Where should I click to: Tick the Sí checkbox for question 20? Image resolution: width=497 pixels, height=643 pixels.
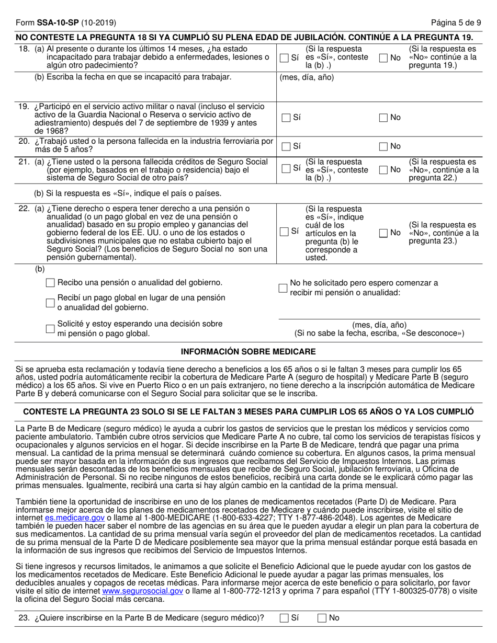coord(285,146)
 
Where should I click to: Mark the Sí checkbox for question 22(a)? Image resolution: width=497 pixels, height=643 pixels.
coord(284,232)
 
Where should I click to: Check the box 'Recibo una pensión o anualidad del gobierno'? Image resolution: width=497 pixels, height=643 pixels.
coord(51,283)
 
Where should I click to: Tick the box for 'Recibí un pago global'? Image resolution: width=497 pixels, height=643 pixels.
coord(51,303)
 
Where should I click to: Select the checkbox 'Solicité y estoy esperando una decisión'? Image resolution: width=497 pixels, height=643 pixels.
coord(51,329)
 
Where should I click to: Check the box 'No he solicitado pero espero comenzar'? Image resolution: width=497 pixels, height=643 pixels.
coord(283,288)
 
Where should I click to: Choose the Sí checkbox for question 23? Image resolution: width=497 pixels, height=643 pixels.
coord(284,618)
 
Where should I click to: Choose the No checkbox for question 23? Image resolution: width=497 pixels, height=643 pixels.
coord(322,618)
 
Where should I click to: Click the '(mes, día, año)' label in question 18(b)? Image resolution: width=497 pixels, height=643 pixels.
coord(307,77)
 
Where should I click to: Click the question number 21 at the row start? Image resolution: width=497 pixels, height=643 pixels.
coord(24,162)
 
